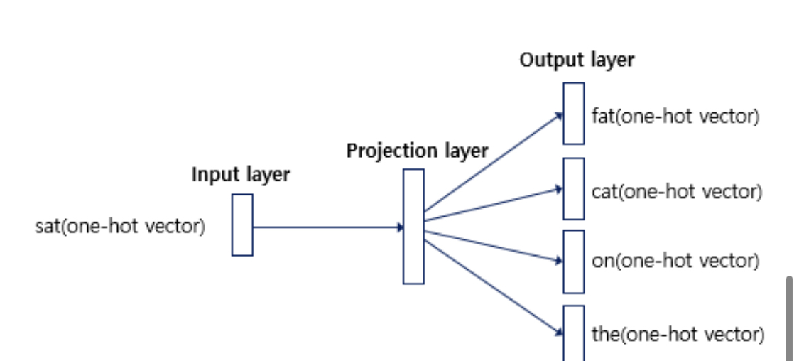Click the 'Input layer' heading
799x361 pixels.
[240, 175]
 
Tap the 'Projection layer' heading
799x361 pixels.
[417, 151]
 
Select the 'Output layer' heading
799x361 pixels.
[577, 60]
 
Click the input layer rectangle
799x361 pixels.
[242, 225]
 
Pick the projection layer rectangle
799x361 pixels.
[413, 226]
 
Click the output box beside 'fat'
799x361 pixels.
[574, 113]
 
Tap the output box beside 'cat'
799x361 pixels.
[574, 188]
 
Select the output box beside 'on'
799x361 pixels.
[574, 261]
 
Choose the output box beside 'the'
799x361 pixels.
[574, 333]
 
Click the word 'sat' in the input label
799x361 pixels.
[48, 227]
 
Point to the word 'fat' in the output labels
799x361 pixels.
[602, 116]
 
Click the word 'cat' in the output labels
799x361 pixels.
[603, 192]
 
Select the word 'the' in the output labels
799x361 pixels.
[605, 334]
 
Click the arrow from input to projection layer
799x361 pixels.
[327, 227]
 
